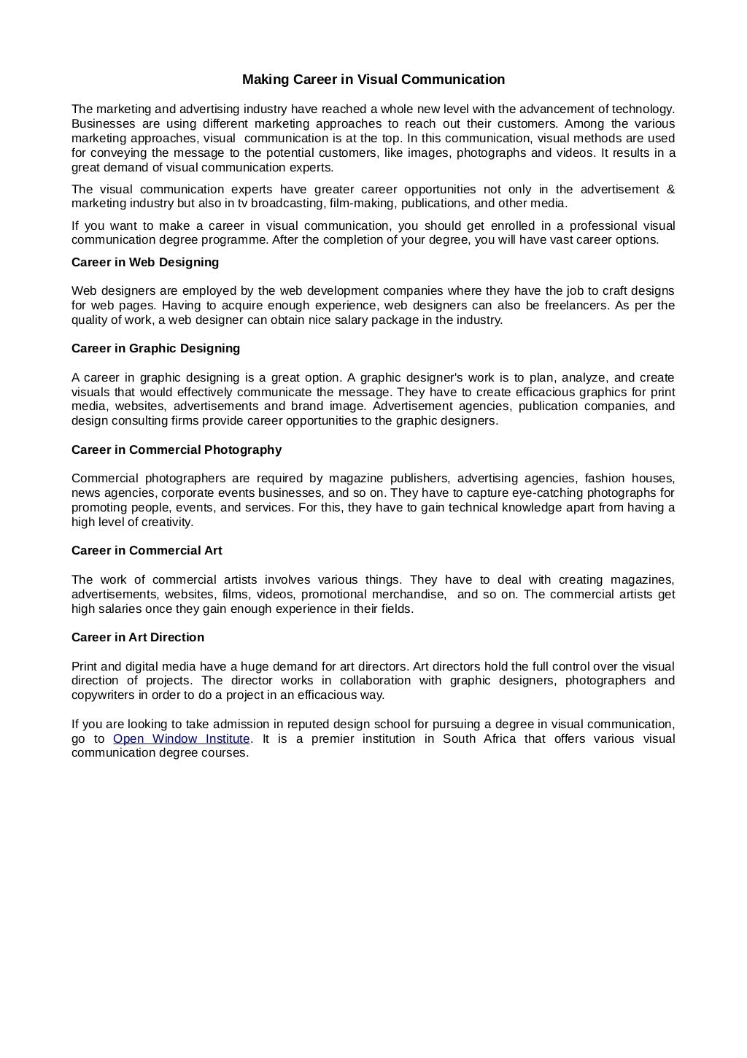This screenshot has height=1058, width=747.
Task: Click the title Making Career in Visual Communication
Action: [x=373, y=79]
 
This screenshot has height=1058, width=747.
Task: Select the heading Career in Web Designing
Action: [x=145, y=262]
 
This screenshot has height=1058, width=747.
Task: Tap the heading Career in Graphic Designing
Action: [x=155, y=348]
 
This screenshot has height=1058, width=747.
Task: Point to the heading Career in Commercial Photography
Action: [x=177, y=449]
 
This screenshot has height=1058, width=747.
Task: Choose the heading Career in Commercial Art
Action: [x=147, y=550]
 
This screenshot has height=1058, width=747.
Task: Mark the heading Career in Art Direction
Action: [x=138, y=637]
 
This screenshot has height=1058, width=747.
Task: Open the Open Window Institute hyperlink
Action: [x=182, y=738]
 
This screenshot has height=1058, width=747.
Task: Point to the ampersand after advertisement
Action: [x=670, y=190]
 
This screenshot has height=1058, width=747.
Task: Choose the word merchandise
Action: [x=404, y=594]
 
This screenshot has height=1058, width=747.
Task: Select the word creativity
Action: [x=167, y=522]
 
